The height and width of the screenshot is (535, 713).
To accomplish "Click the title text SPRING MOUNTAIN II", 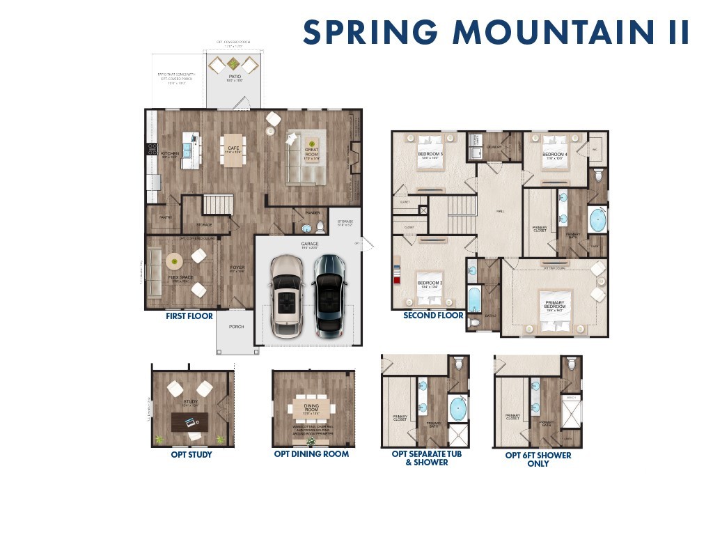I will coord(496,33).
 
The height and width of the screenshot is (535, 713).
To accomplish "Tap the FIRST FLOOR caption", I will coord(189,316).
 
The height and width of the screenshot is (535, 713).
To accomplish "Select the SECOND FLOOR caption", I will coord(433,316).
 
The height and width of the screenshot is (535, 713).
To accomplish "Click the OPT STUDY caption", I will coord(191,455).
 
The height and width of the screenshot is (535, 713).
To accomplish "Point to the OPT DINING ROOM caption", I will coord(311,454).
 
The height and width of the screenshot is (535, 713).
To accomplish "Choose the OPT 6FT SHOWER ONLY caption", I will coord(538,459).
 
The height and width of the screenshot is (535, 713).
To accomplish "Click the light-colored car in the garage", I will coord(285,296).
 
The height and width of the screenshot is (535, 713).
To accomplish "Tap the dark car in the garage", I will coord(329,295).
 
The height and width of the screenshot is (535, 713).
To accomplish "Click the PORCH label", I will coord(236,327).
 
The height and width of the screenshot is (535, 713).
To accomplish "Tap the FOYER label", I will coord(237,268).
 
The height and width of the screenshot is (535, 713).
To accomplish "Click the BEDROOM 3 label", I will coord(430,155).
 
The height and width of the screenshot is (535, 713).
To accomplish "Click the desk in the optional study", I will coord(189,420).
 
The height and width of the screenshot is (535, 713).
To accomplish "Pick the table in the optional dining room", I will coord(311,408).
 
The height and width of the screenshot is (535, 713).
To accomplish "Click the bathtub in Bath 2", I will coord(473,300).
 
